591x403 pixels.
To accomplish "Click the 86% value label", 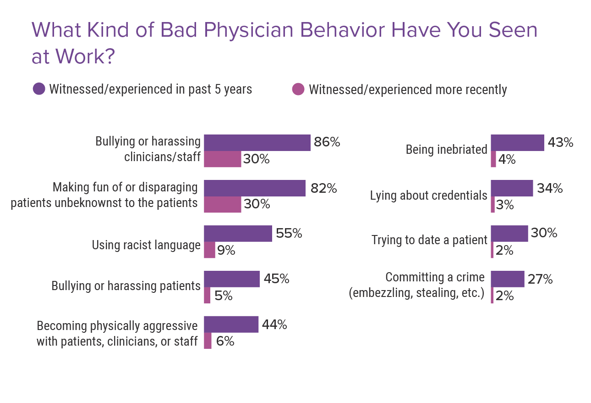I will tap(327, 142).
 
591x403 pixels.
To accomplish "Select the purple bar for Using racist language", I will tap(238, 234).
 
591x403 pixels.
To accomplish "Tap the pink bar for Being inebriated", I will tap(493, 160).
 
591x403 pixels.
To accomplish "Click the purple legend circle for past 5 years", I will tap(39, 89).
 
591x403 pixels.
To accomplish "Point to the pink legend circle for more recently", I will tap(298, 89).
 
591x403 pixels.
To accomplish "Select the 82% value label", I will tap(323, 188).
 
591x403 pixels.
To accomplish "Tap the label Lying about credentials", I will tap(428, 196).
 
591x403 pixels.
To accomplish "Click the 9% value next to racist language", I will tap(226, 251).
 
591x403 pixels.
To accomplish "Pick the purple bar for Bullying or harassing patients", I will tap(231, 279).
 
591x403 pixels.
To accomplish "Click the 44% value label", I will tap(274, 325).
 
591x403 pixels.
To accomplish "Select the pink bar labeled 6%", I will tap(208, 341).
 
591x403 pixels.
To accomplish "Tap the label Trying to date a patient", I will tap(429, 240).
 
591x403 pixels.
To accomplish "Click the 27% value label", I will tap(540, 279).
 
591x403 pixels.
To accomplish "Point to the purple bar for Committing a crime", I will tap(507, 279).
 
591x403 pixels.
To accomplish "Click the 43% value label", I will tap(560, 143).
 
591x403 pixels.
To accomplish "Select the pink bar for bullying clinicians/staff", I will tap(222, 159).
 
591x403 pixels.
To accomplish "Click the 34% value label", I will tap(549, 188).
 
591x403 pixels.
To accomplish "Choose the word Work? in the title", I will tap(84, 57).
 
